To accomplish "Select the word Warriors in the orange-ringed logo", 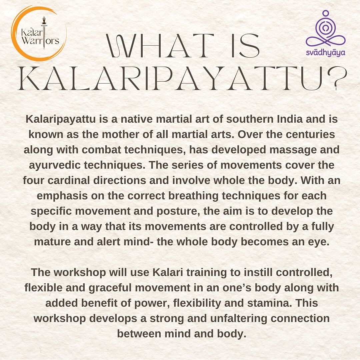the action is (x=40, y=41).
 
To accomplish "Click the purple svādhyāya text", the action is (x=326, y=53).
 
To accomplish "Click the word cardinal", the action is (x=69, y=180).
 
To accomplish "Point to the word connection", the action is (x=300, y=318).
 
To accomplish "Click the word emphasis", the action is (x=62, y=196).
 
